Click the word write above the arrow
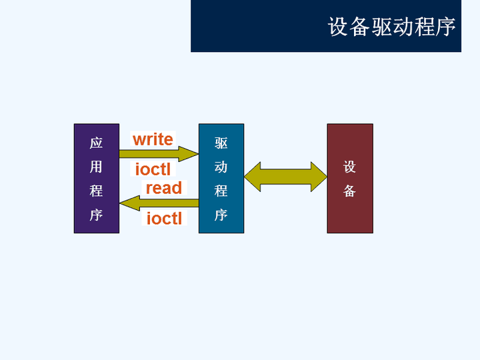(153, 139)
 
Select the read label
(164, 188)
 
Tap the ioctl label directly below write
(153, 169)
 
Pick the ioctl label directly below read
(164, 218)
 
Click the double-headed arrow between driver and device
(285, 177)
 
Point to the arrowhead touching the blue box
(189, 154)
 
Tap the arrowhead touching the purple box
(130, 203)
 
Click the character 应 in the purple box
(96, 143)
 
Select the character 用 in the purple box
(96, 167)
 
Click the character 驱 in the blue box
(221, 143)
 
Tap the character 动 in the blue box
(221, 167)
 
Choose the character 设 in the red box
(349, 167)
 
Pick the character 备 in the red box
(349, 191)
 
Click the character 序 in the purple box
(96, 215)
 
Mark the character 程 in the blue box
(221, 191)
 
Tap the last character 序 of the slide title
(445, 27)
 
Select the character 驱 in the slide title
(381, 27)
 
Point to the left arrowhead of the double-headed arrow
(253, 177)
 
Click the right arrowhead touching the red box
(319, 177)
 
